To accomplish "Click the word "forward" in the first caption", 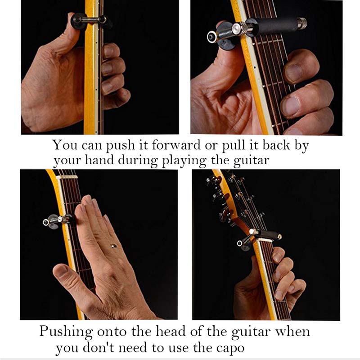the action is (x=176, y=145).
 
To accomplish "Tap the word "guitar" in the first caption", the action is (x=251, y=160).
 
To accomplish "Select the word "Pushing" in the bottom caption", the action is (x=66, y=332).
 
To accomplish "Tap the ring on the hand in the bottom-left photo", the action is (x=113, y=246).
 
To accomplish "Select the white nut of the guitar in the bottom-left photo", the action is (x=67, y=177).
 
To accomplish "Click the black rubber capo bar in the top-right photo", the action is (x=272, y=26).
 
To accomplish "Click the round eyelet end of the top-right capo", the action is (x=211, y=37).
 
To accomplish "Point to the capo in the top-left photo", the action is (x=91, y=20).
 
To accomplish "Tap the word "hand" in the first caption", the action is (x=99, y=160).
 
